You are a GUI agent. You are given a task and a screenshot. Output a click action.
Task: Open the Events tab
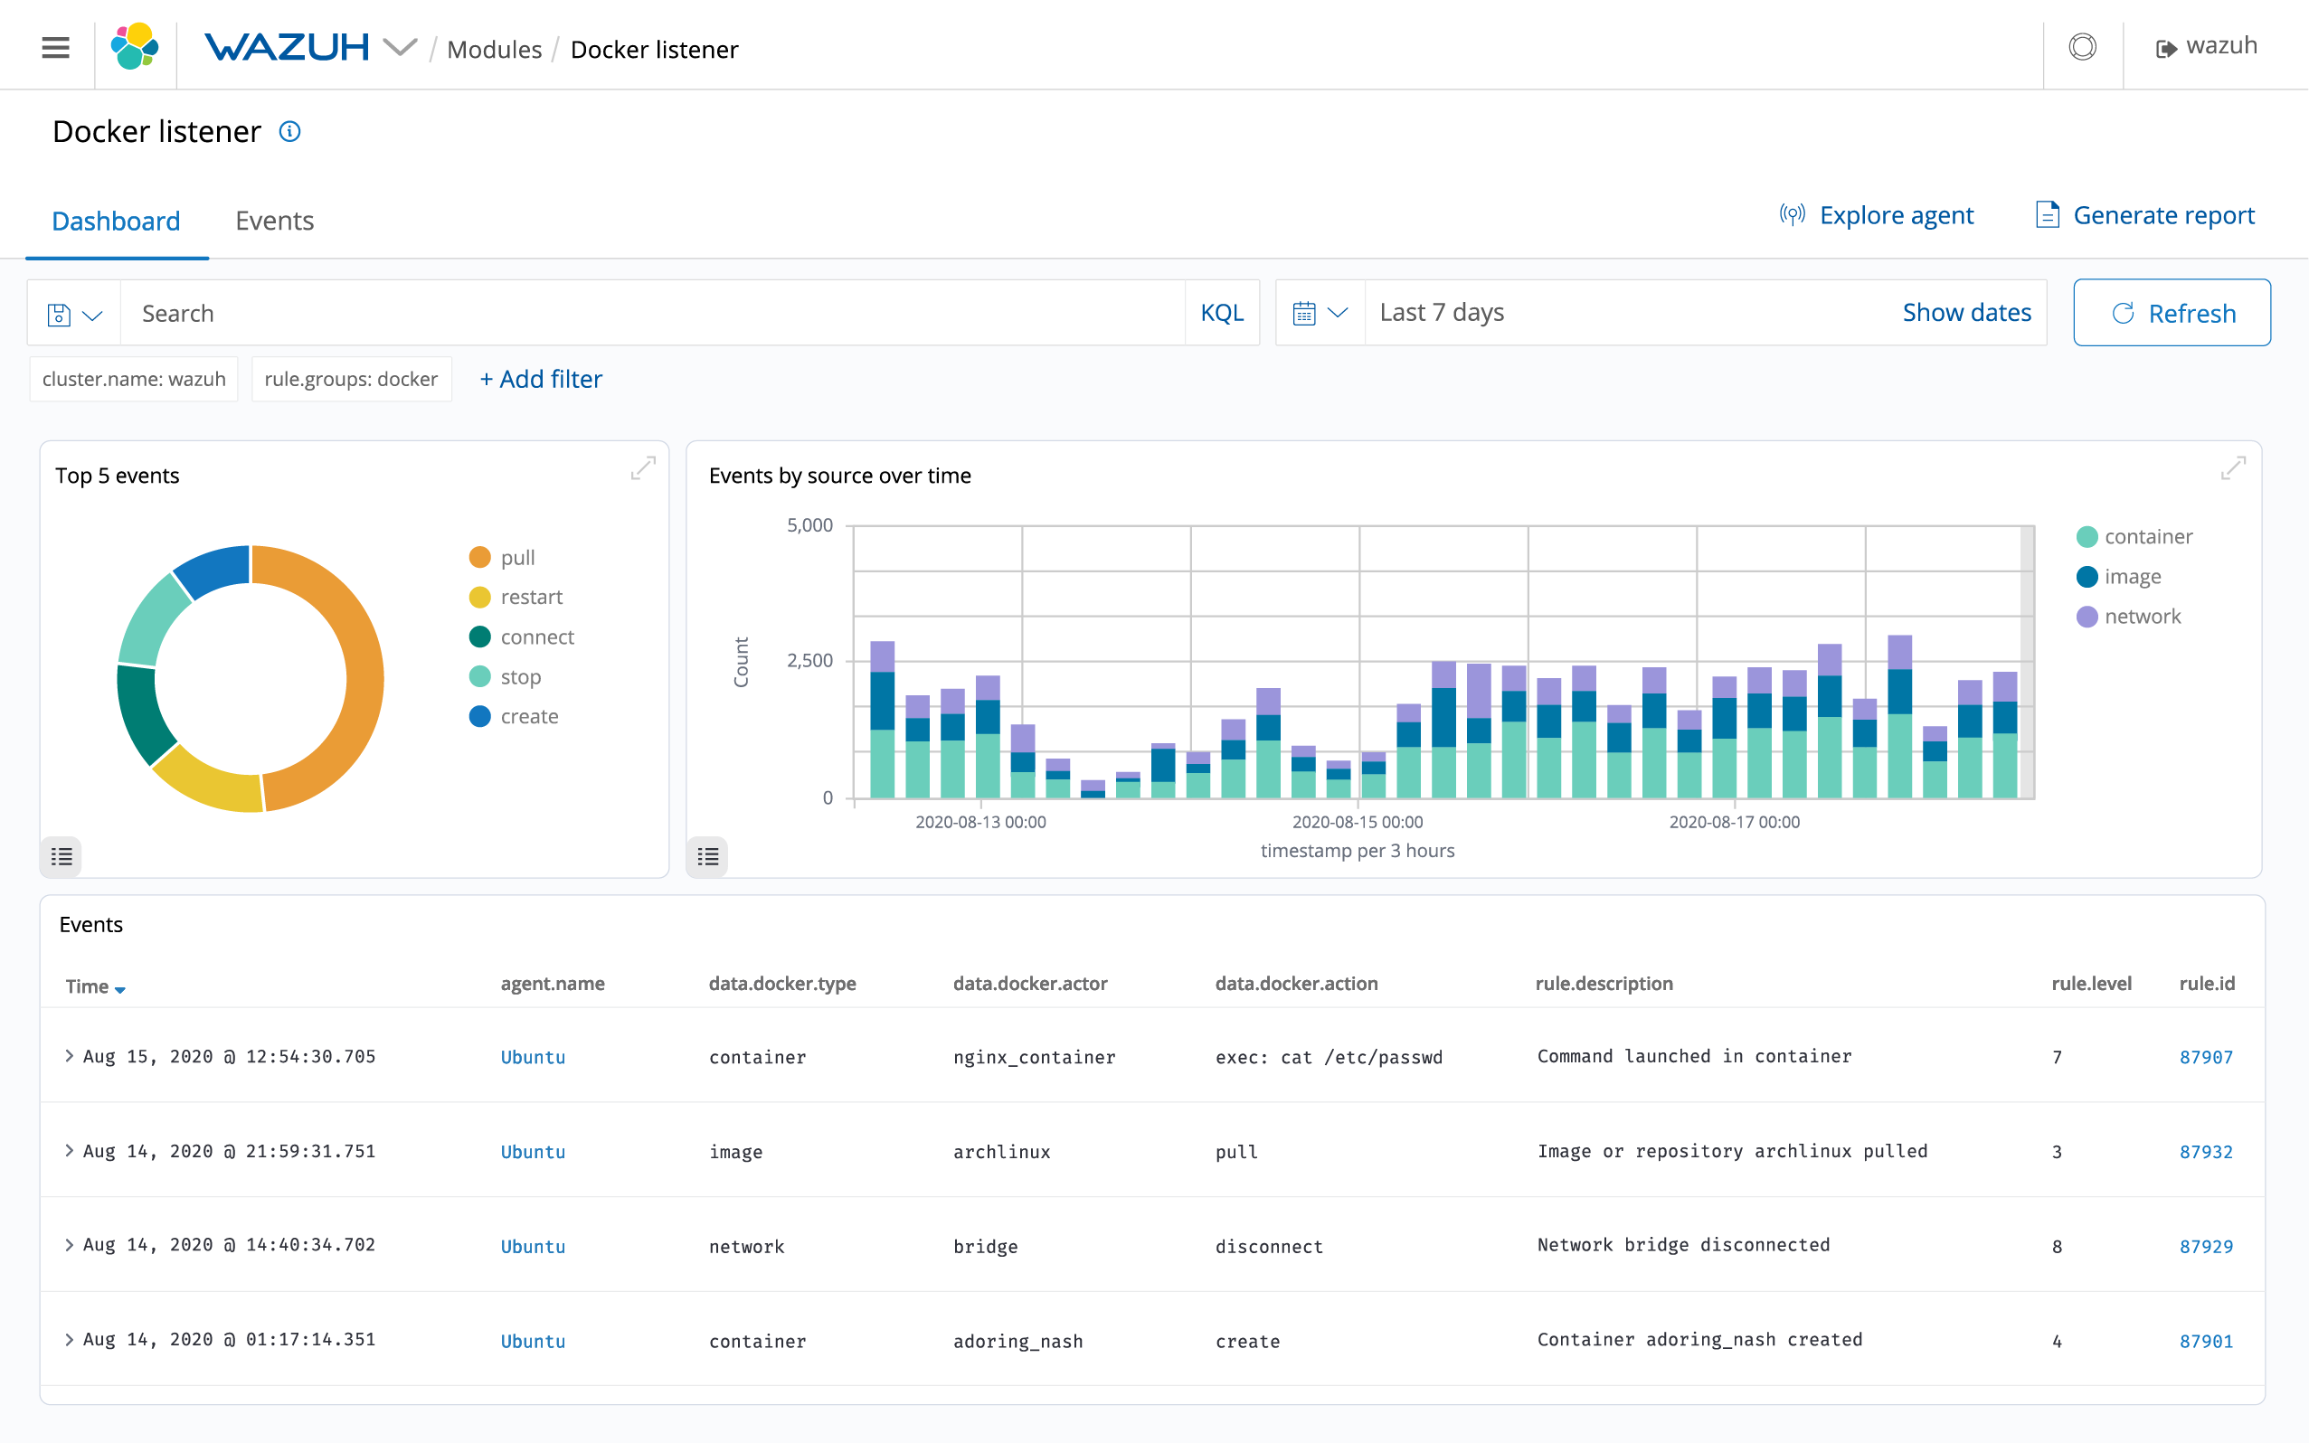point(274,221)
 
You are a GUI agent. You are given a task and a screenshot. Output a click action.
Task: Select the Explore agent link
point(1877,215)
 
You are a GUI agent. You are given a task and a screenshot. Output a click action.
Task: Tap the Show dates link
point(1965,312)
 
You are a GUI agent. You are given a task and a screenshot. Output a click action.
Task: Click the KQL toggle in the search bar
point(1221,313)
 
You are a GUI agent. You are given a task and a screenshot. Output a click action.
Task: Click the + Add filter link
point(540,379)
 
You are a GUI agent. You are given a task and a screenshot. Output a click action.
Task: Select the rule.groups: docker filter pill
point(350,379)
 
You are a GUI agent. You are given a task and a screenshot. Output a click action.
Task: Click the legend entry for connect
point(536,637)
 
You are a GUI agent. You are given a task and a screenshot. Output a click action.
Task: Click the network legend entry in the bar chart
point(2141,617)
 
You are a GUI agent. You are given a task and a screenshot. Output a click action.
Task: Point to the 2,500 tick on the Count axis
point(809,660)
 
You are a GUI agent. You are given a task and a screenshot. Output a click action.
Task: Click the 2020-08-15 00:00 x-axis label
point(1357,822)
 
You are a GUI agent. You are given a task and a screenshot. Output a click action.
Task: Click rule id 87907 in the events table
point(2205,1056)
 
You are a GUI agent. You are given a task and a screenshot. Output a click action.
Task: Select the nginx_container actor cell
point(1034,1056)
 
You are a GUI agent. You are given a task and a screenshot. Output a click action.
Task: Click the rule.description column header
point(1604,983)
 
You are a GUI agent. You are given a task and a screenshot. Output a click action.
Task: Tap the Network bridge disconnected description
point(1683,1244)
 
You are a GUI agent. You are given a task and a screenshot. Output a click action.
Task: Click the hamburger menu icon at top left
point(55,47)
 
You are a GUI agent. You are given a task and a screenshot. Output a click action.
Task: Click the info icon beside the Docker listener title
point(290,132)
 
